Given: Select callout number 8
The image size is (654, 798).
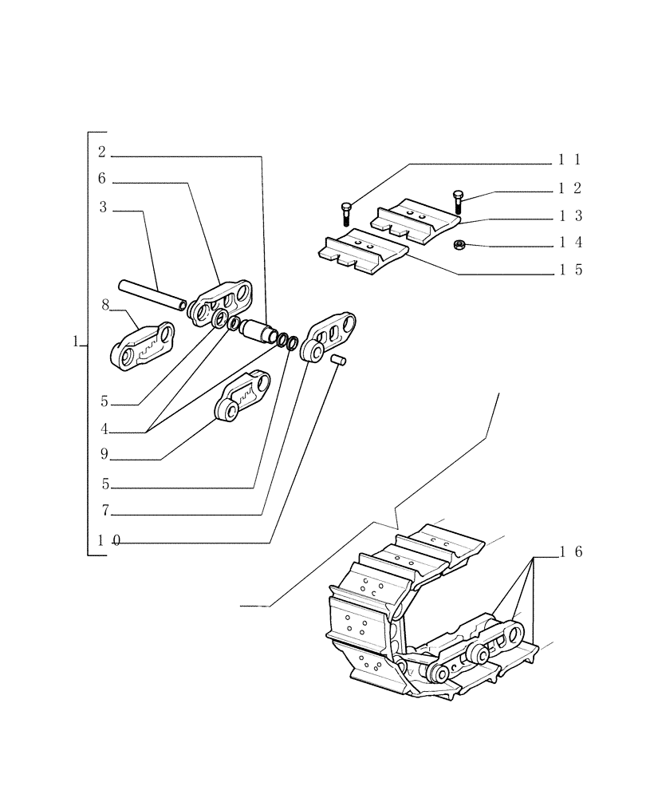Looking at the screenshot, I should coord(104,304).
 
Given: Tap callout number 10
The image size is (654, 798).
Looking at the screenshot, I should coord(108,540).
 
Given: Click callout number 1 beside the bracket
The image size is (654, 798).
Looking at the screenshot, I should coord(75,342).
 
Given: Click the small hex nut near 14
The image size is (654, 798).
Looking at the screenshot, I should coord(459,244).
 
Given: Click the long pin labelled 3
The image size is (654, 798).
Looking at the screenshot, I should coord(152,294).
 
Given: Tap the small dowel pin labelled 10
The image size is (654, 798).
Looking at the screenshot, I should coord(338,361).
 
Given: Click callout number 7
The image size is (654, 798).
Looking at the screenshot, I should coord(104,512).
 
